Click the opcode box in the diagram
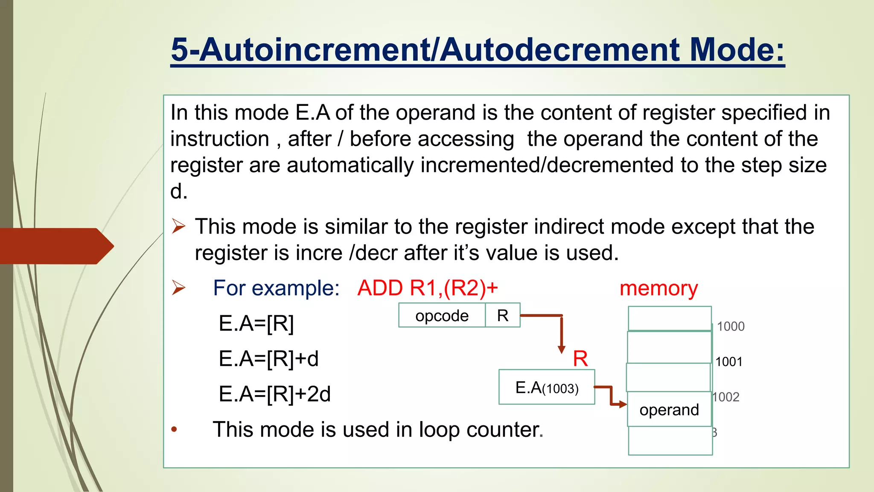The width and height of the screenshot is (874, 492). pos(442,316)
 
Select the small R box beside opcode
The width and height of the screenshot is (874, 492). pos(503,316)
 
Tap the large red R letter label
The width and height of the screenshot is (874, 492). pos(580,358)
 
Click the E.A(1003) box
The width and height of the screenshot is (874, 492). pos(547,387)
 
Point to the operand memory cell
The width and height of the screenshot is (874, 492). pos(669,410)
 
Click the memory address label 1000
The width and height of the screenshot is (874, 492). pos(730,326)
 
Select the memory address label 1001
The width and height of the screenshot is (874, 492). pos(728,362)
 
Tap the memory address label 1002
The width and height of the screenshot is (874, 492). pos(726,397)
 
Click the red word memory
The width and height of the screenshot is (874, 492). pos(658,288)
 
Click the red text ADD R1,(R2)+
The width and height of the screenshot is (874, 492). pos(428,288)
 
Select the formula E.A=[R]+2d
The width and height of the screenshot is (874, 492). pos(274,394)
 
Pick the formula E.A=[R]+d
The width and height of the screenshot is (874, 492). pos(268,358)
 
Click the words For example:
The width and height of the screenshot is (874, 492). pos(276,288)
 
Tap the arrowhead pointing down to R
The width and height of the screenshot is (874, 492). pos(562,349)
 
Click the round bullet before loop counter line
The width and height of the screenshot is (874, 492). pos(174,429)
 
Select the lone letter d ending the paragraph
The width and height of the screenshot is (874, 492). pos(178,191)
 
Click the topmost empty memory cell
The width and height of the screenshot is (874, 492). pos(670,318)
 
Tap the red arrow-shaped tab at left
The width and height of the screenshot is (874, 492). pos(55,246)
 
